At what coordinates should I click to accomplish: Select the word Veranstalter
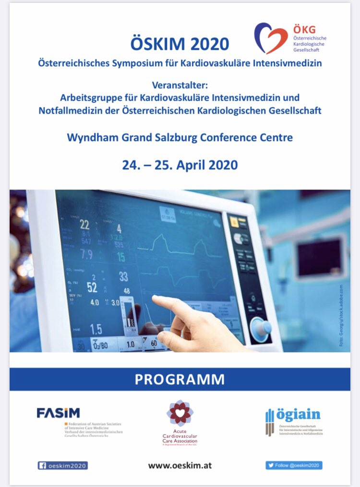pos(180,85)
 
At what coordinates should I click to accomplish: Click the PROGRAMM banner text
pos(180,379)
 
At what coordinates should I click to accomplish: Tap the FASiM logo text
pos(58,413)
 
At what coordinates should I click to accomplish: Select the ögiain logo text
pos(298,415)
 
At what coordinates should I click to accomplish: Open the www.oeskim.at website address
pos(180,465)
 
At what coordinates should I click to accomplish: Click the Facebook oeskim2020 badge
pos(63,465)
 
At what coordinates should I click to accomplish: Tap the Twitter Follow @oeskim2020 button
pos(294,465)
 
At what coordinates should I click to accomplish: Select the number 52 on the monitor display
pos(92,288)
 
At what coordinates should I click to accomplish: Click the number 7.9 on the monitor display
pos(86,254)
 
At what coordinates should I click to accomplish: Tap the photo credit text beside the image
pos(341,317)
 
